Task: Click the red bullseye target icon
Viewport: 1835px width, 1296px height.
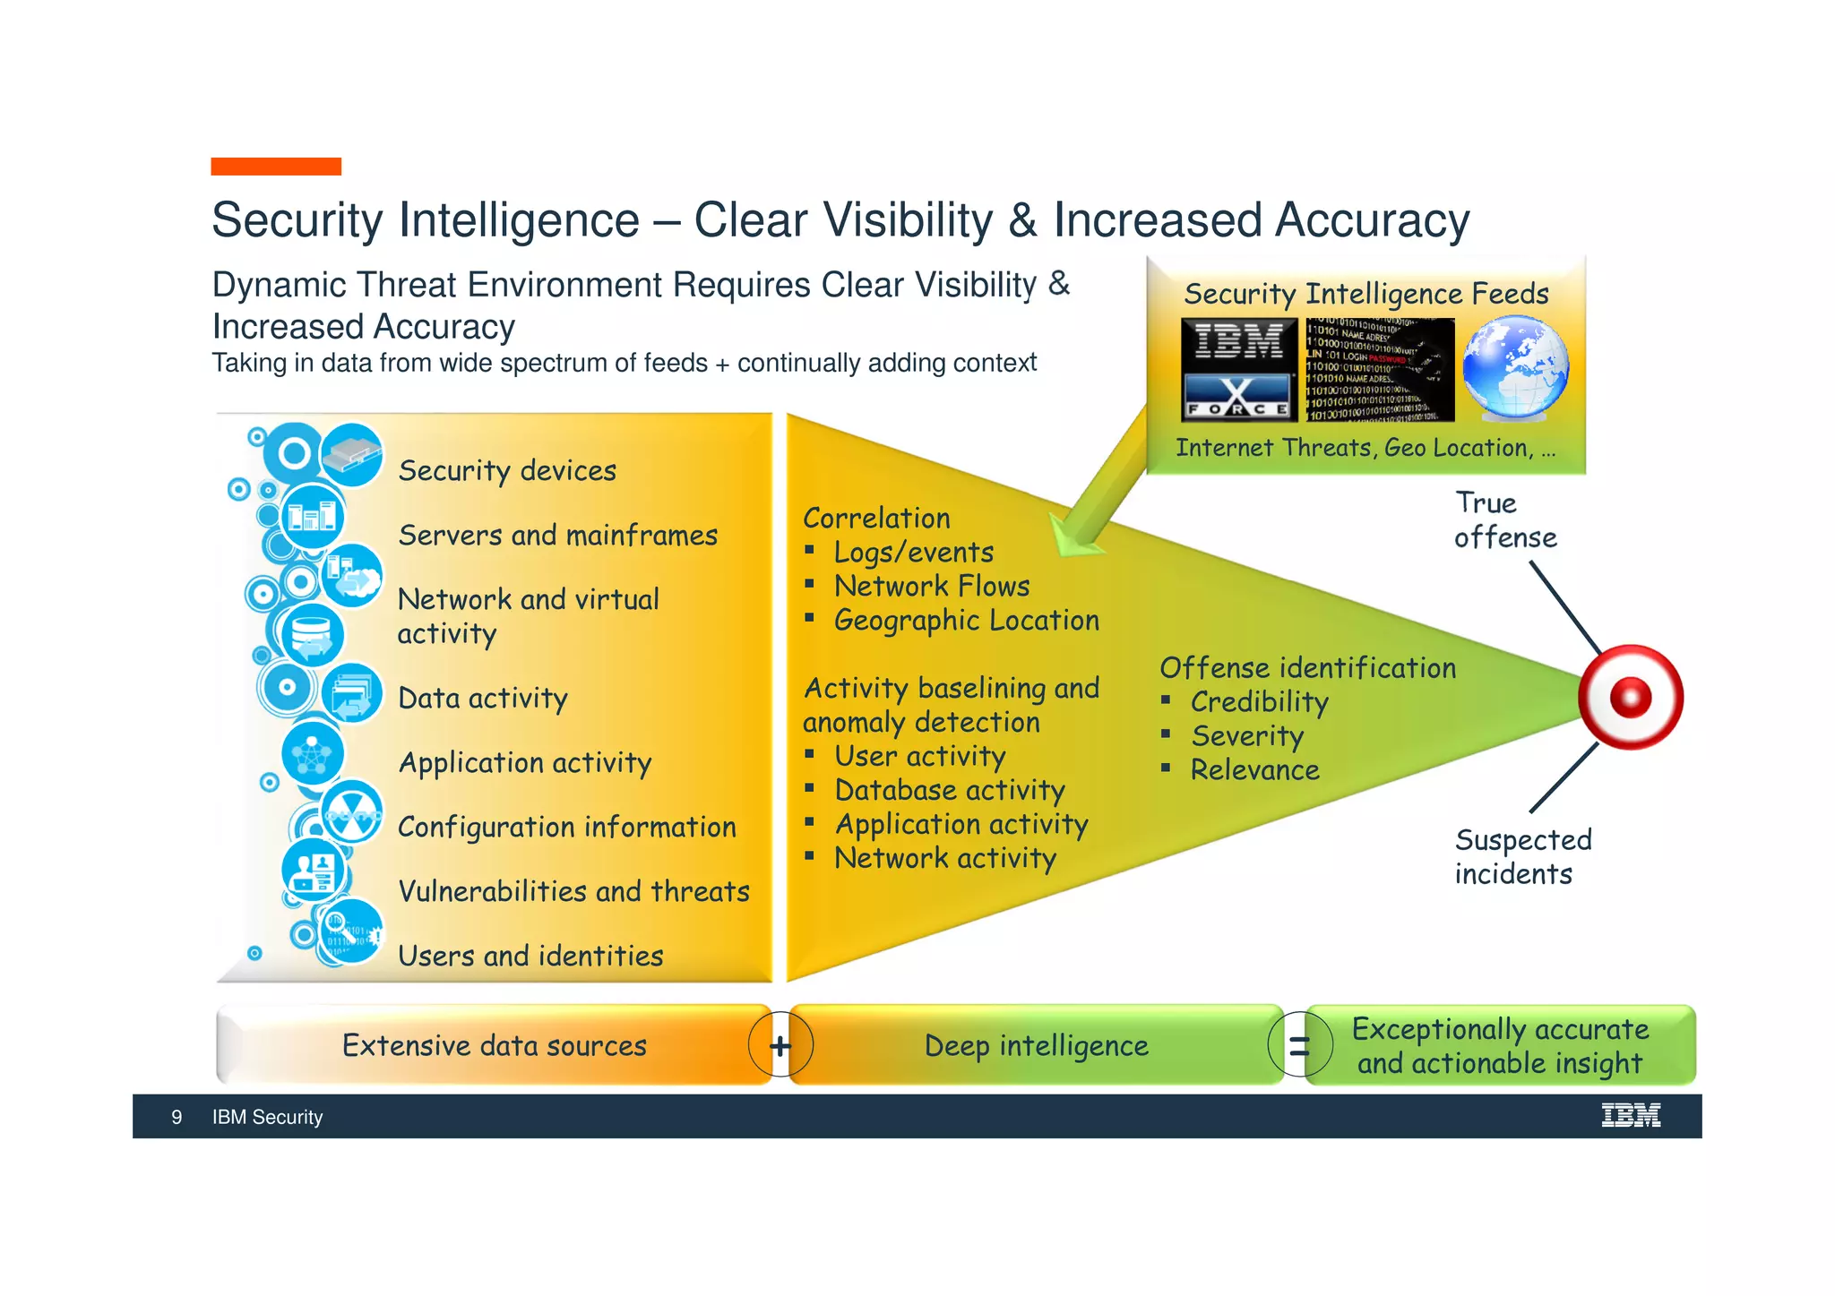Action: [1630, 697]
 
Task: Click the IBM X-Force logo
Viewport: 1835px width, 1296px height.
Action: [1238, 369]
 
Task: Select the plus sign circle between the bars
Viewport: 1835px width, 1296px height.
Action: [780, 1045]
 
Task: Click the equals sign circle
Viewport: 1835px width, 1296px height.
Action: [1298, 1045]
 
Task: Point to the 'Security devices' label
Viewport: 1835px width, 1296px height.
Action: [507, 471]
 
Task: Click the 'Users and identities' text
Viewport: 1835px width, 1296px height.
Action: [530, 956]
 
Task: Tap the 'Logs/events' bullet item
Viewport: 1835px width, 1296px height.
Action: [913, 553]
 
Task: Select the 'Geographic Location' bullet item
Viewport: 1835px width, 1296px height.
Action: [966, 620]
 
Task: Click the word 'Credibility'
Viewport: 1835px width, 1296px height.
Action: [1259, 702]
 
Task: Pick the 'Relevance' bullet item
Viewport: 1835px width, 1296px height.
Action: [1254, 770]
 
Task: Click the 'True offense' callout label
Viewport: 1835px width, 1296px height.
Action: [1504, 520]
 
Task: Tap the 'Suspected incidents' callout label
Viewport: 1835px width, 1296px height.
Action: [1522, 857]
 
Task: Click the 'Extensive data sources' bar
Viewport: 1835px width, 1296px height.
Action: [494, 1045]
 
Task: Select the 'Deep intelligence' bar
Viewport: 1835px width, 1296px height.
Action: [1036, 1045]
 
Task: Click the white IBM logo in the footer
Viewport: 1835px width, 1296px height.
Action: [1630, 1116]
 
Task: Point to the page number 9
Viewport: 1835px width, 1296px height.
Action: [177, 1117]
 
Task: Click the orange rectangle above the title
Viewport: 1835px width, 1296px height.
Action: [276, 167]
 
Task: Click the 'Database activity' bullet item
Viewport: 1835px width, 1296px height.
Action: [949, 790]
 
